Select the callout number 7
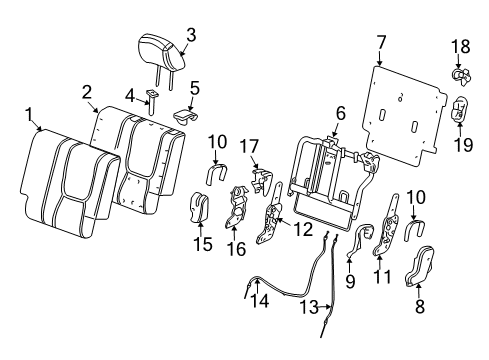(x=380, y=43)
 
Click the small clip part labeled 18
(x=461, y=74)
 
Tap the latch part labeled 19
(x=462, y=111)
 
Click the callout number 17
(x=255, y=147)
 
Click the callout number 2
(x=88, y=91)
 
